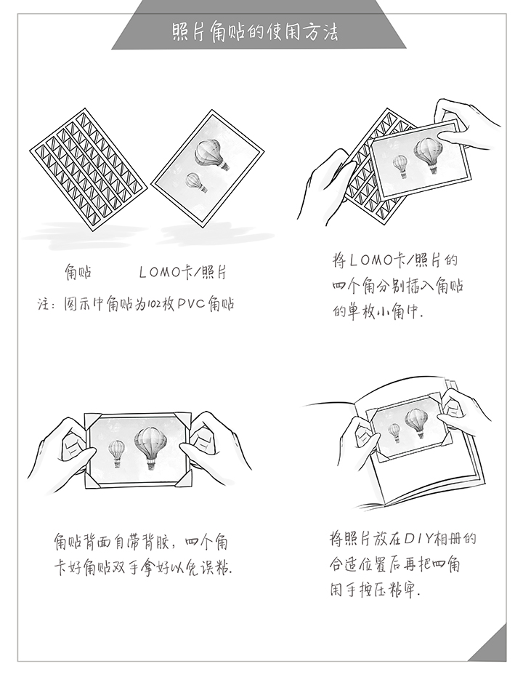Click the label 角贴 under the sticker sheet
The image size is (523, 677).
point(78,273)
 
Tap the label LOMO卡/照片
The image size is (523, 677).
point(182,273)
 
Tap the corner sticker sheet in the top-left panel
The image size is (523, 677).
point(88,161)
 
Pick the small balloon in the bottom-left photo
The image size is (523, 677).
point(116,452)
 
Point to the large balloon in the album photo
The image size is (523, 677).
point(416,422)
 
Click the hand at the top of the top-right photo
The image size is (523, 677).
point(465,120)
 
